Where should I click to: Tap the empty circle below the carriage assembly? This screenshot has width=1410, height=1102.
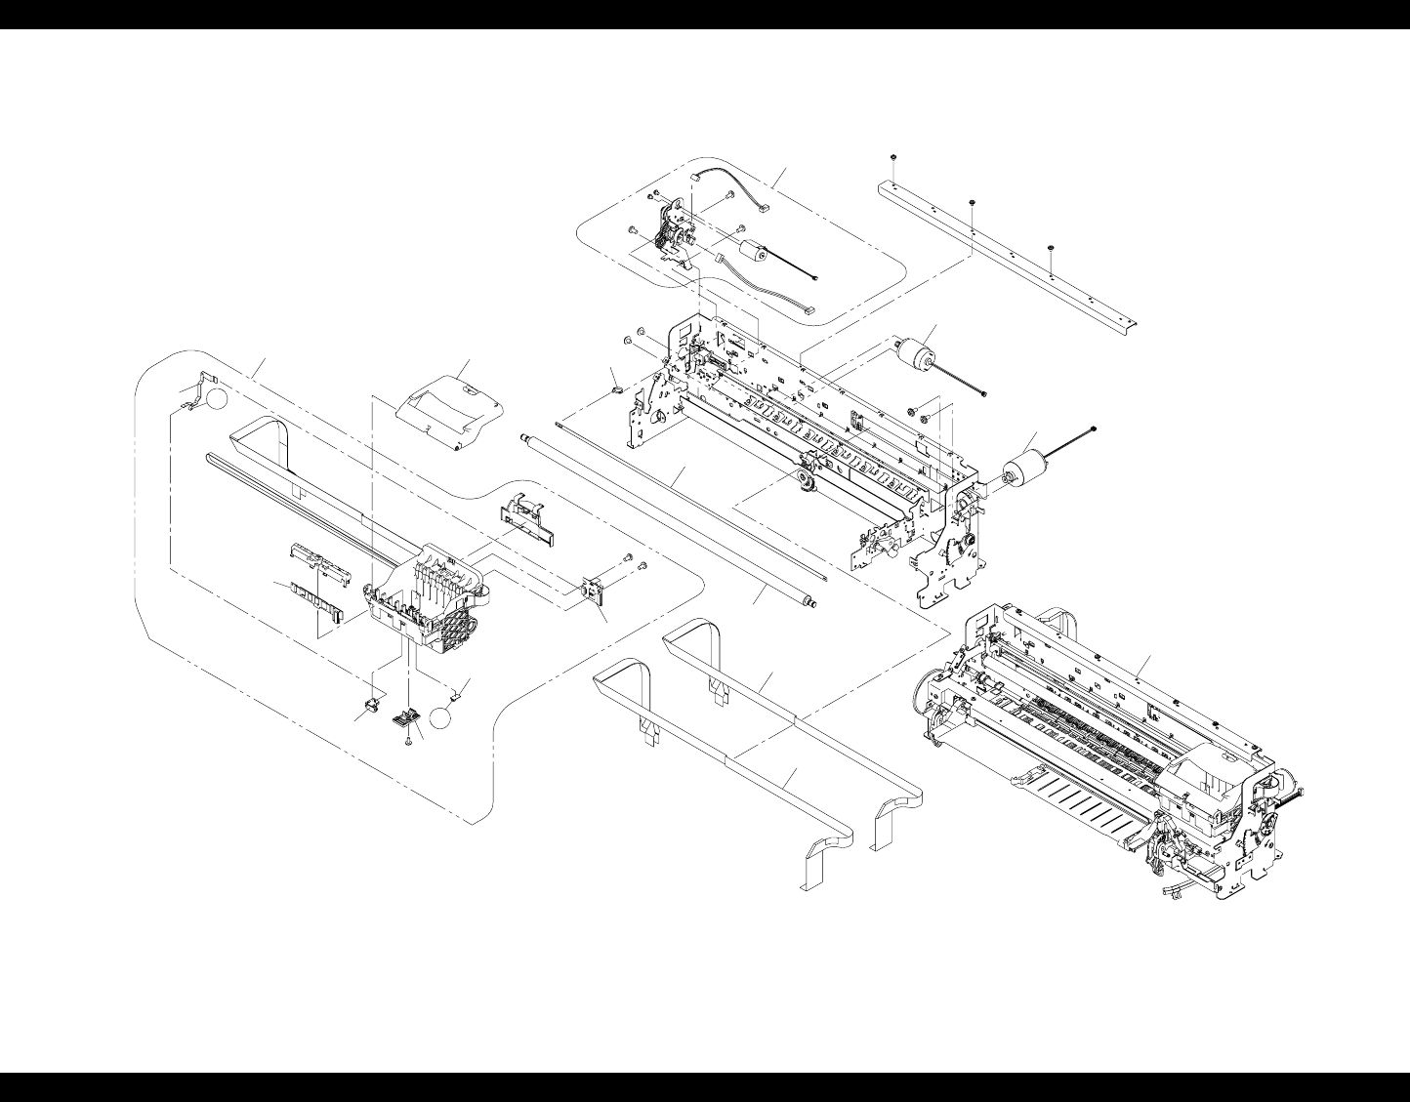click(x=442, y=717)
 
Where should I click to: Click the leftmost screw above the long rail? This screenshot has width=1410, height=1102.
click(x=893, y=158)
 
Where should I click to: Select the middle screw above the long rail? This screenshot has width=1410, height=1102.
click(x=973, y=202)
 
